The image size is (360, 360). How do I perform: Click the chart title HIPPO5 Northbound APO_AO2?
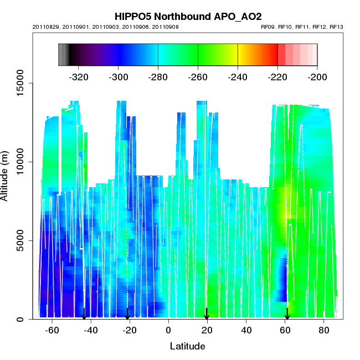point(188,17)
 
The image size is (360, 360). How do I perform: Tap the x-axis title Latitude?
point(187,347)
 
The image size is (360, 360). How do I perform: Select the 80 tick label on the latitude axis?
point(324,330)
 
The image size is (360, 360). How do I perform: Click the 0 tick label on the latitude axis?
point(168,330)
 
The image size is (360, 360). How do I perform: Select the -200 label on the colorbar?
point(317,77)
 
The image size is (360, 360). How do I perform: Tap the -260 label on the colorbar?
point(198,77)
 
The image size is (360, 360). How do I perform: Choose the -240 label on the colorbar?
point(238,77)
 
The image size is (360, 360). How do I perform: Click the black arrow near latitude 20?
point(207,314)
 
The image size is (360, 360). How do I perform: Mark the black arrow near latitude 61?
point(287,314)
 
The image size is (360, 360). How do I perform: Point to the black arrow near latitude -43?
point(84,314)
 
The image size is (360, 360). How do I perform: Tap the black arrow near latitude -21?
point(127,314)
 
